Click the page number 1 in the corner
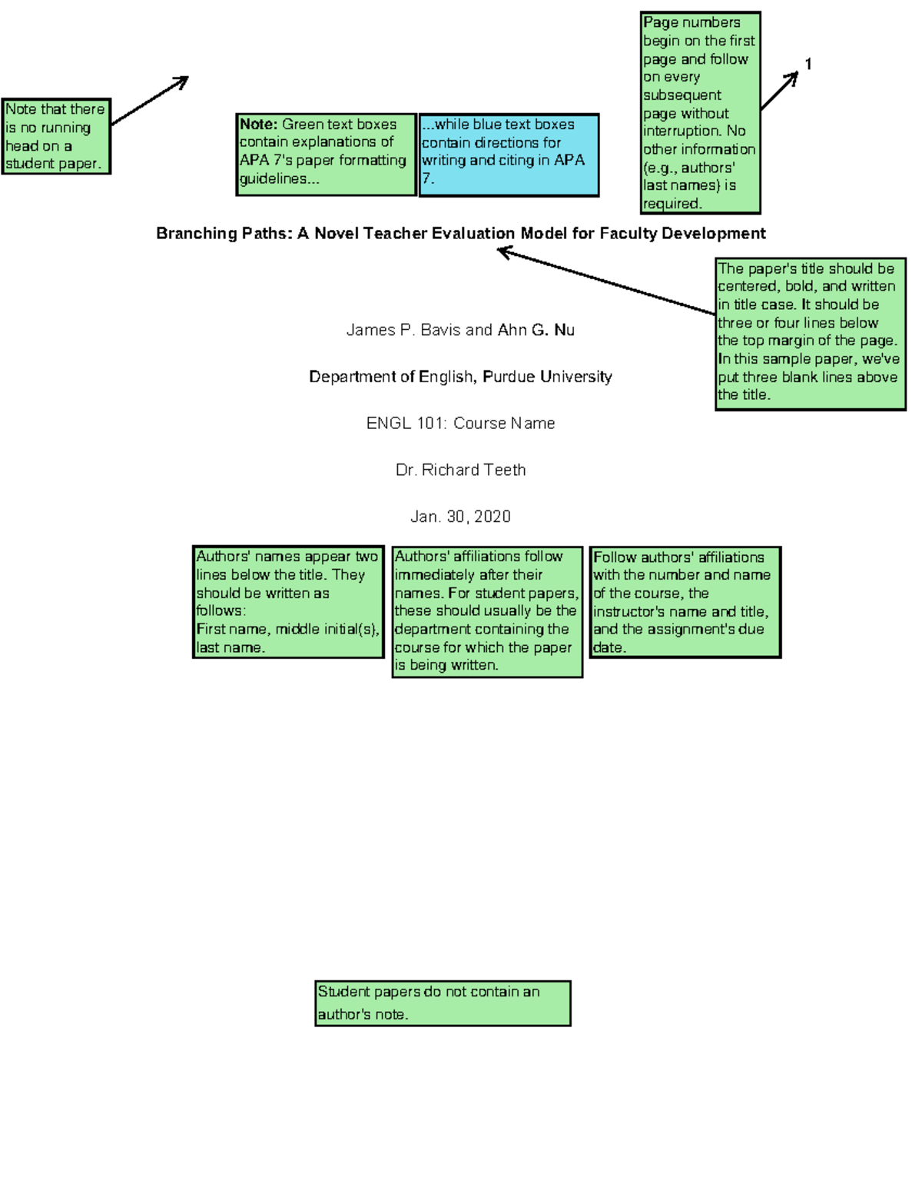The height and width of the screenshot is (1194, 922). click(x=808, y=64)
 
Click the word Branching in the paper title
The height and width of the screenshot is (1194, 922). click(x=184, y=234)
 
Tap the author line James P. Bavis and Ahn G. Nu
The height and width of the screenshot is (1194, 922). click(x=460, y=331)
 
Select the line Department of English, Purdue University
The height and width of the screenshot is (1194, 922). click(x=460, y=377)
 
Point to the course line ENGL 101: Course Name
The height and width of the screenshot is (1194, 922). click(x=460, y=424)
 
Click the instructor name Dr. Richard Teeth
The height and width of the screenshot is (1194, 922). click(x=460, y=470)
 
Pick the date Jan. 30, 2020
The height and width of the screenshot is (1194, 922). click(x=460, y=517)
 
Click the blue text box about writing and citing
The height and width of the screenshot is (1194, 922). click(x=509, y=155)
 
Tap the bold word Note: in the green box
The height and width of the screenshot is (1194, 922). click(x=258, y=125)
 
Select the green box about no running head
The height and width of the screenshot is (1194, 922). click(x=56, y=136)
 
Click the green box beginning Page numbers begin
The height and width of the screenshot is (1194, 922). click(x=700, y=112)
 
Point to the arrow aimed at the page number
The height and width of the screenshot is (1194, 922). click(x=780, y=91)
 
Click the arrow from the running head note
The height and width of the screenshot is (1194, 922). click(x=151, y=100)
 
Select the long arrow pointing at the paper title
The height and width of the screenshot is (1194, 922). click(x=607, y=281)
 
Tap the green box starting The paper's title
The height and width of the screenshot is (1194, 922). click(x=810, y=333)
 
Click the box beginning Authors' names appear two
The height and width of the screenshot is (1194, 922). click(x=287, y=602)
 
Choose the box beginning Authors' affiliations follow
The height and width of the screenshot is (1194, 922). click(x=487, y=611)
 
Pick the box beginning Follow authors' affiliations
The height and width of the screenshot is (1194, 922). click(x=685, y=602)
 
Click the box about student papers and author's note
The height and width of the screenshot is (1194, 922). click(x=443, y=1003)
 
